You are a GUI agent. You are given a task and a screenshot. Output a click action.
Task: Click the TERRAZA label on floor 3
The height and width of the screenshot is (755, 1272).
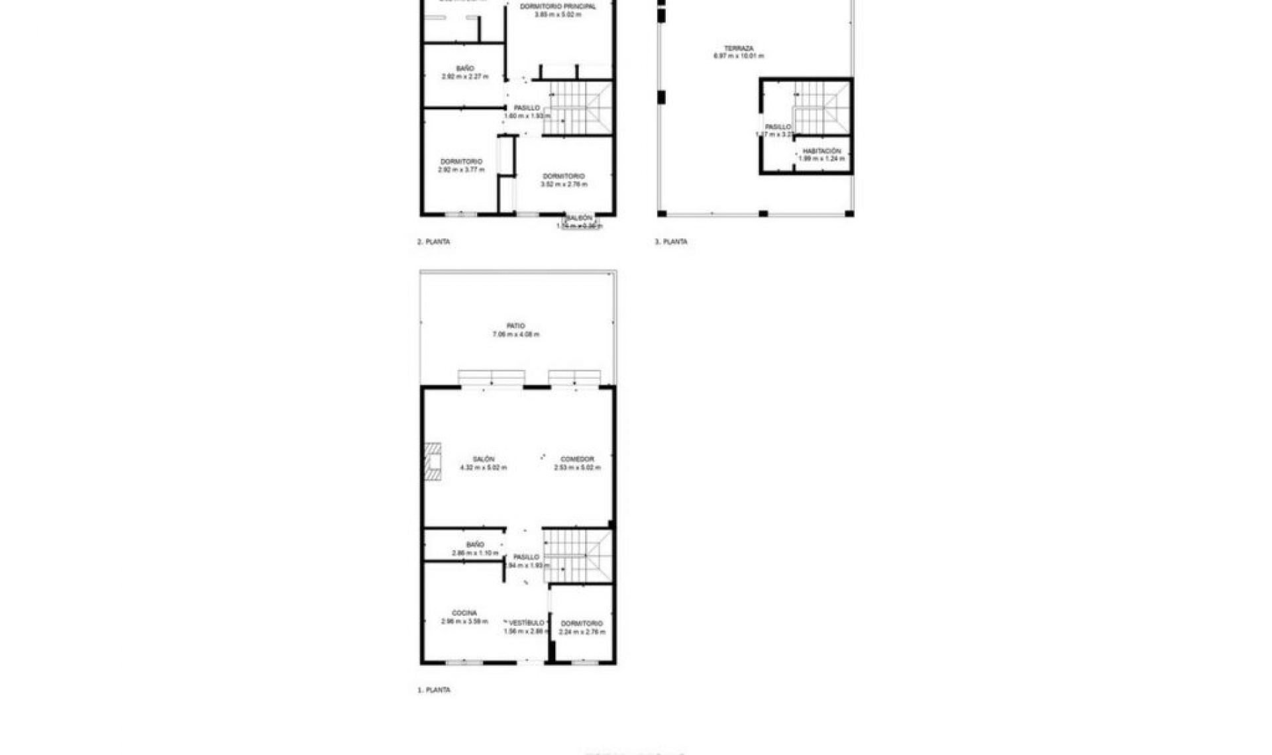tap(738, 48)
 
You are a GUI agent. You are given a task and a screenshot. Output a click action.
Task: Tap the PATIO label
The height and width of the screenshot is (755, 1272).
tap(515, 326)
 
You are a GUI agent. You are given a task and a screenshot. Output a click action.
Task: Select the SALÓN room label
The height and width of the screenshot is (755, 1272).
tap(483, 459)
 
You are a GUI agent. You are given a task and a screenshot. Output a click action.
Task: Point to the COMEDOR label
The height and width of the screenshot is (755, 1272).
tap(577, 459)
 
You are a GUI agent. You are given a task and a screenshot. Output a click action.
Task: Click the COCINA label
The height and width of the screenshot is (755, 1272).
tap(464, 613)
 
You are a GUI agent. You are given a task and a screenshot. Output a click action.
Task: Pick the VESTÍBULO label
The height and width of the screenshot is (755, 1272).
tap(527, 623)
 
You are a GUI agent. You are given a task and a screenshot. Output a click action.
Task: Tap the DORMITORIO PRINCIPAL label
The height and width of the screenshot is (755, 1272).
tap(558, 7)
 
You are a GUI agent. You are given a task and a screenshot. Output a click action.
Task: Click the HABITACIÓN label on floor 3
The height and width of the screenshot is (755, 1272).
tap(821, 151)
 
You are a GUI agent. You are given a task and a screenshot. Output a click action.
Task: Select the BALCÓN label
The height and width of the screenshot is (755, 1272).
tap(579, 218)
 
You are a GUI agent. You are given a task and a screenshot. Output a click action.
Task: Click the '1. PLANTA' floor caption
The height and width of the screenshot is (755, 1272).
tap(434, 690)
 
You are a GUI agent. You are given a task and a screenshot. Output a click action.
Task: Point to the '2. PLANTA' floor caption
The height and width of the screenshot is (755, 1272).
tap(433, 242)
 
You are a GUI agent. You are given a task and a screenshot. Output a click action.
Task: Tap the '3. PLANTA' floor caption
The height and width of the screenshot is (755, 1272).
tap(671, 242)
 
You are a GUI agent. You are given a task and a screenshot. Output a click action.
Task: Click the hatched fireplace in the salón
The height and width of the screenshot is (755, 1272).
tap(433, 461)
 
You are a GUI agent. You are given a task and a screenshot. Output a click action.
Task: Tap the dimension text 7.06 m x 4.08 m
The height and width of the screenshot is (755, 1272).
tap(515, 334)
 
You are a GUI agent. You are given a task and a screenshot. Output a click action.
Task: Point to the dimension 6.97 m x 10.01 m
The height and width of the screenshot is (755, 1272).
tap(738, 56)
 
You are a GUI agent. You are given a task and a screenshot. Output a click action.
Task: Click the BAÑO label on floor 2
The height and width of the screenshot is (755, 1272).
tap(465, 68)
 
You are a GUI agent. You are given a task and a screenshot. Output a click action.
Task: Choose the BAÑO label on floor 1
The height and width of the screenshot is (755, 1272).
tap(475, 544)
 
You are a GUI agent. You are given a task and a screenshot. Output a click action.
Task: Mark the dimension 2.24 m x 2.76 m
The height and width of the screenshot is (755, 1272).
tap(582, 632)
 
